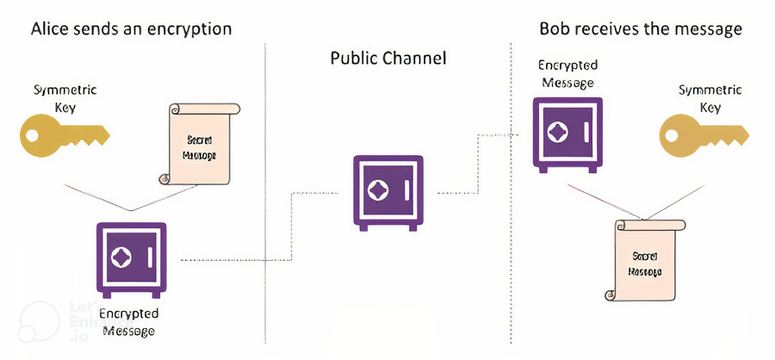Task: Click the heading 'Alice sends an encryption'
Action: [131, 28]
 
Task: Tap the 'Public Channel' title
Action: [388, 59]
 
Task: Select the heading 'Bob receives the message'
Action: [641, 28]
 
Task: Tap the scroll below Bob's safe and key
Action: [646, 258]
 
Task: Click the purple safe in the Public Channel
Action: [388, 191]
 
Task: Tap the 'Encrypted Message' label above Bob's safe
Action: [566, 73]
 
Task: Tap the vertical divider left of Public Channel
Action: [264, 172]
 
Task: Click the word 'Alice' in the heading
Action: [50, 28]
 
